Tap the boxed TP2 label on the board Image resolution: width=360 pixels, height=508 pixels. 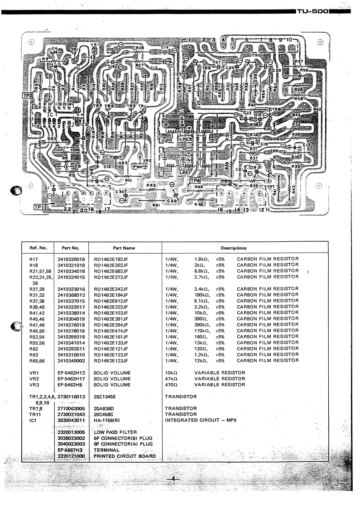27,96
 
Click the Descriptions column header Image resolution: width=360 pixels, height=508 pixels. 233,248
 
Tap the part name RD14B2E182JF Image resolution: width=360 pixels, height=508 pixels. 111,259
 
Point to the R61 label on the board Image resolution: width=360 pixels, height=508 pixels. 157,205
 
